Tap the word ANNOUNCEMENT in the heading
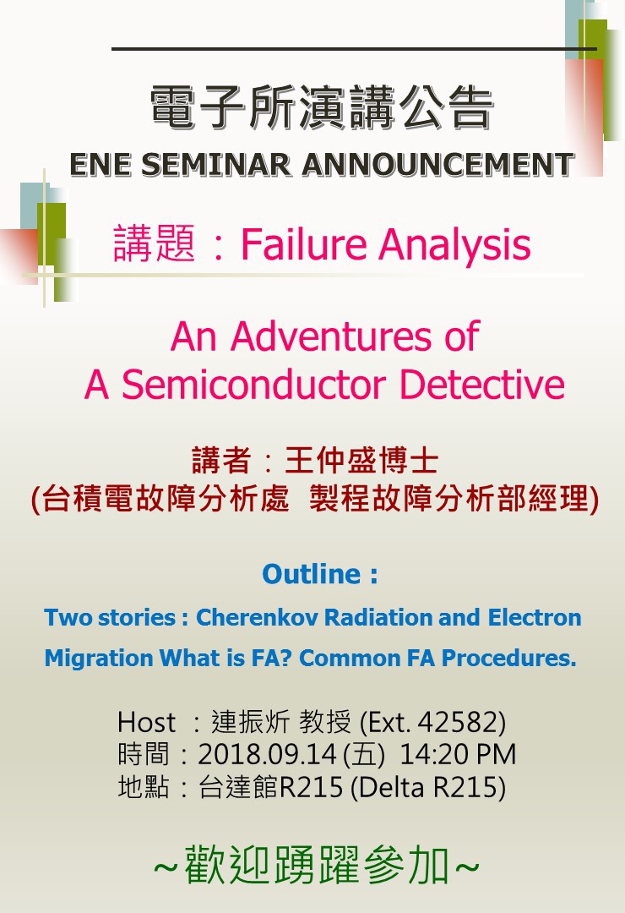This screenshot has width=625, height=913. pyautogui.click(x=438, y=164)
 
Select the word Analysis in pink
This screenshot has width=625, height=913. pyautogui.click(x=455, y=245)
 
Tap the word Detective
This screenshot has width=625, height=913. pyautogui.click(x=482, y=385)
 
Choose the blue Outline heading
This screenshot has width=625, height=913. pyautogui.click(x=319, y=574)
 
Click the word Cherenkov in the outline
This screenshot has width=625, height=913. pyautogui.click(x=257, y=617)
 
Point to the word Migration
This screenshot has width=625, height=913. pyautogui.click(x=98, y=658)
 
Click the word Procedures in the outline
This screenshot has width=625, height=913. pyautogui.click(x=509, y=658)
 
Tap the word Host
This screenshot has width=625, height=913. pyautogui.click(x=146, y=723)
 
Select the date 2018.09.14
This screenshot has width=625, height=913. pyautogui.click(x=267, y=755)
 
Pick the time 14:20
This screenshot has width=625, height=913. pyautogui.click(x=430, y=755)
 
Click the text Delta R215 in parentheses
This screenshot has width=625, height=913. pyautogui.click(x=427, y=787)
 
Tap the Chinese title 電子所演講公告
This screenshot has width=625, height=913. pyautogui.click(x=322, y=107)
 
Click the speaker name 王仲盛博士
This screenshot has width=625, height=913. pyautogui.click(x=361, y=461)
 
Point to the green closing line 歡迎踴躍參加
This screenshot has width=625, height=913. pyautogui.click(x=318, y=867)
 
